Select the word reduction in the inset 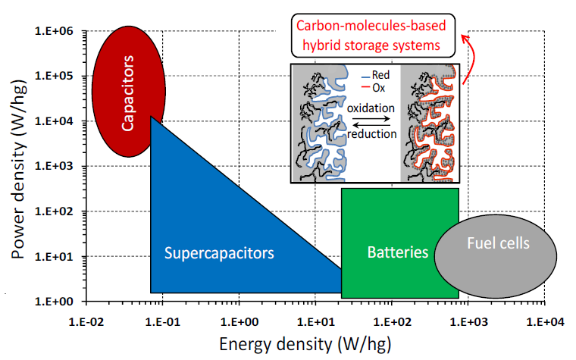point(371,133)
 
